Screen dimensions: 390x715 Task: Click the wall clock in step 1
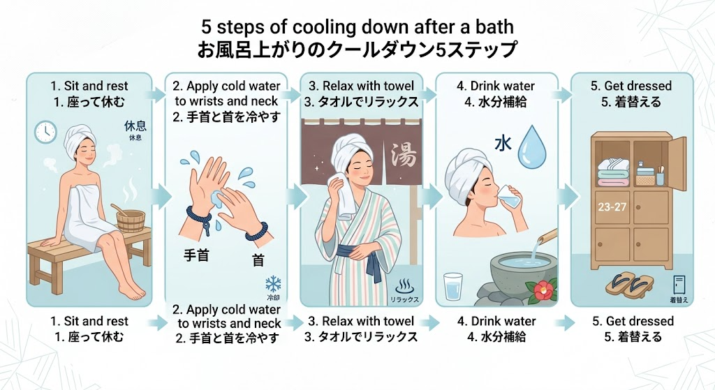tap(45, 130)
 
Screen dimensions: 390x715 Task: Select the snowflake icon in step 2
tap(273, 283)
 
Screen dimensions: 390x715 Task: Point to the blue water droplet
tap(534, 145)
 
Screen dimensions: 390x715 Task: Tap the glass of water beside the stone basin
tap(454, 286)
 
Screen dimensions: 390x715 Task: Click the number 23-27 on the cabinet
tap(613, 207)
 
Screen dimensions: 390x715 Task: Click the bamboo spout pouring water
tap(546, 237)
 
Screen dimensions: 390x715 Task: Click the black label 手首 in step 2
tap(196, 255)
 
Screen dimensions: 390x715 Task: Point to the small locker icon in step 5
tap(678, 285)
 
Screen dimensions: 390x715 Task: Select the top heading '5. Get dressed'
tap(631, 86)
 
